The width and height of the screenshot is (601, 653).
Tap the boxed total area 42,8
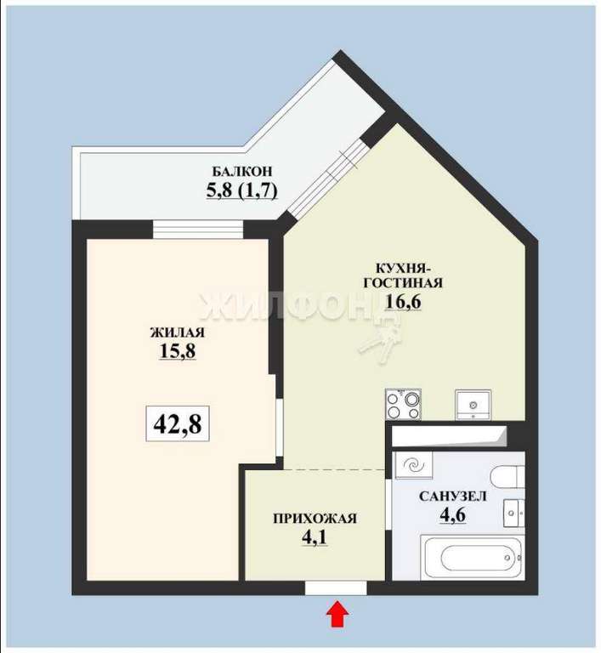pyautogui.click(x=178, y=423)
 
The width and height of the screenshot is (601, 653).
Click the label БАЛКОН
pyautogui.click(x=242, y=171)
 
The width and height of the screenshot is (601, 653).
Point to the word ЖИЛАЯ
pyautogui.click(x=178, y=332)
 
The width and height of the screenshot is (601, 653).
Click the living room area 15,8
pyautogui.click(x=178, y=350)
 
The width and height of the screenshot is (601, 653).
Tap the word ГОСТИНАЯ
pyautogui.click(x=403, y=283)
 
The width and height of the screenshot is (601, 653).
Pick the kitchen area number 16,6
pyautogui.click(x=403, y=301)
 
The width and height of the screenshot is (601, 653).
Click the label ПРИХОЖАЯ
pyautogui.click(x=315, y=519)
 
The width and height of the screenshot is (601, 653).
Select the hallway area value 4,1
pyautogui.click(x=315, y=537)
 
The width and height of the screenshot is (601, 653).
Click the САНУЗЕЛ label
pyautogui.click(x=453, y=497)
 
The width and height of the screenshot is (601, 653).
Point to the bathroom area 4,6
pyautogui.click(x=453, y=514)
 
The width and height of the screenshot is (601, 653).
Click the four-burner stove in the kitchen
pyautogui.click(x=403, y=404)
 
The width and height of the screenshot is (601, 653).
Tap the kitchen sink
pyautogui.click(x=473, y=405)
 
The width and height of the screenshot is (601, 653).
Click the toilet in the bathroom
pyautogui.click(x=507, y=477)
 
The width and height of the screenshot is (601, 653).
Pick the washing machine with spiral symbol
pyautogui.click(x=415, y=464)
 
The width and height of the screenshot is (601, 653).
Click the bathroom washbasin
pyautogui.click(x=514, y=514)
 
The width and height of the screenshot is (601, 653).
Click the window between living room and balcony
pyautogui.click(x=198, y=230)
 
